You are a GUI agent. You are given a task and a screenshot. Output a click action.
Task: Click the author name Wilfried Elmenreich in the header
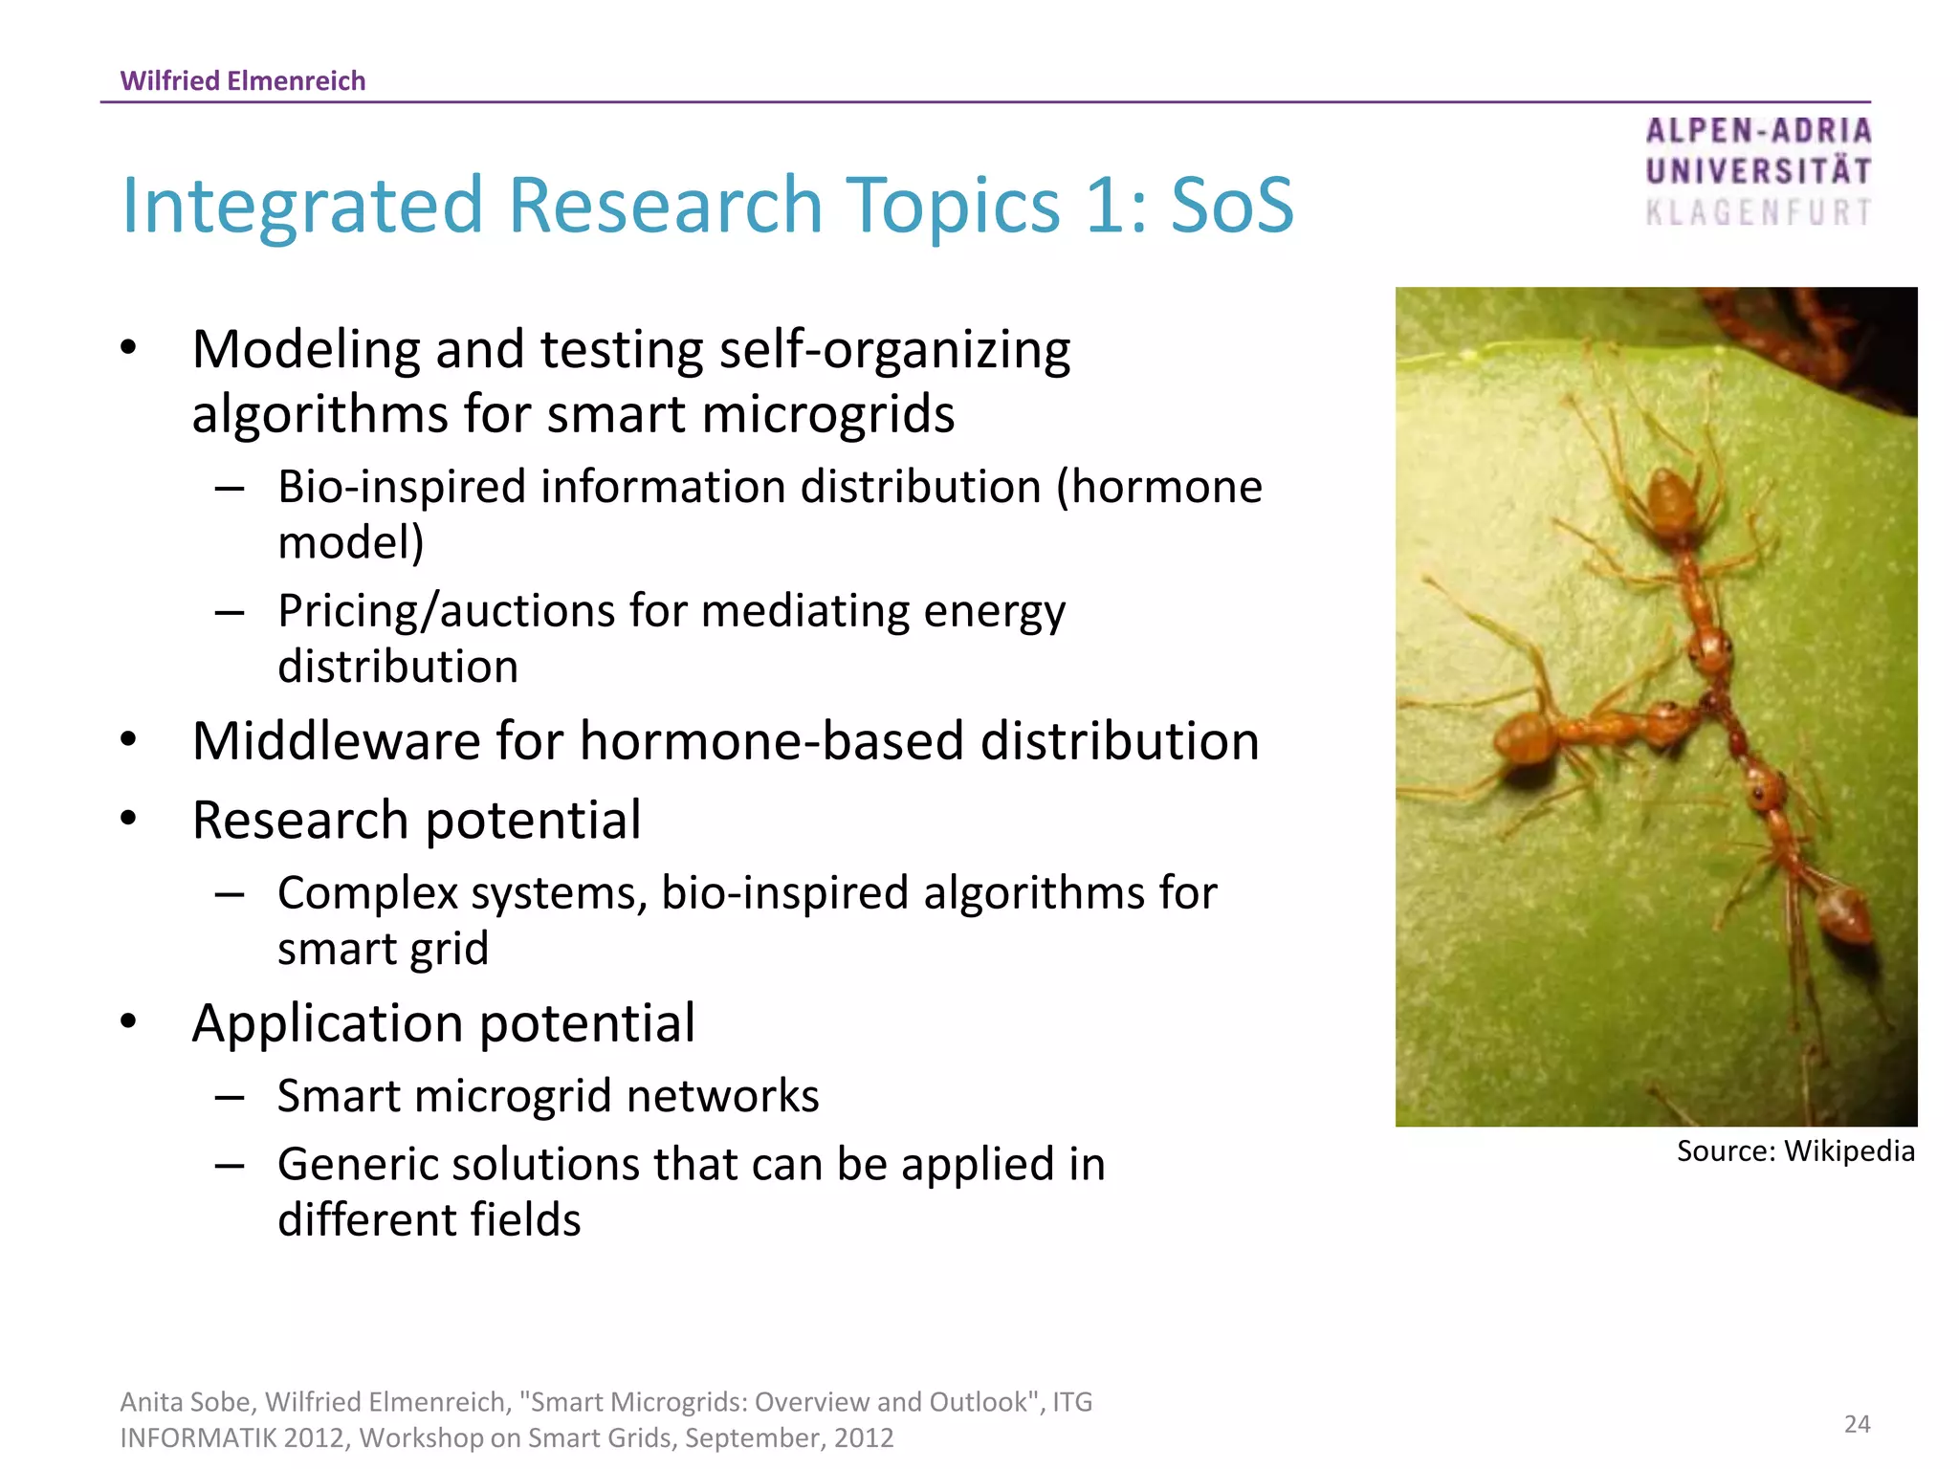tap(243, 80)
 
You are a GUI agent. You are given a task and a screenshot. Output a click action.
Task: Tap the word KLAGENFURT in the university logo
tap(1758, 212)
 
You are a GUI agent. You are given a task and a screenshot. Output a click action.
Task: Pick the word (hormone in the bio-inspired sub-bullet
tap(1159, 487)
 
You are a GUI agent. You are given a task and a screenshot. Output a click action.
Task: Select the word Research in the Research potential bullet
tap(300, 821)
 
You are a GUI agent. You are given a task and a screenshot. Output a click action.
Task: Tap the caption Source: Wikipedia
tap(1795, 1151)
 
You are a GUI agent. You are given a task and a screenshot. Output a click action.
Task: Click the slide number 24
tap(1857, 1424)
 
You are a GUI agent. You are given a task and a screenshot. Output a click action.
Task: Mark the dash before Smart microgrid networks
tap(230, 1097)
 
